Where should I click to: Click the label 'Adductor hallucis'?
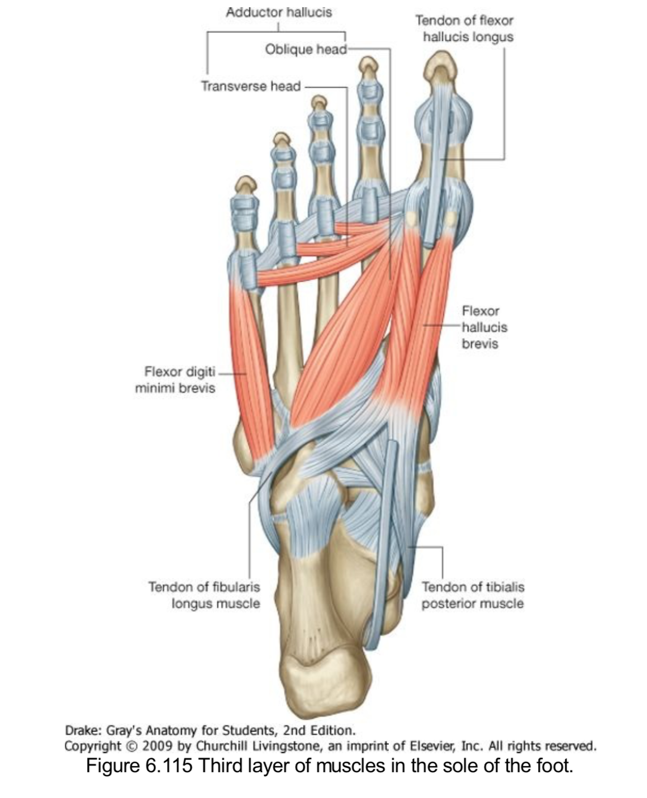(278, 12)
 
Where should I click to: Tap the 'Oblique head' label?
(305, 49)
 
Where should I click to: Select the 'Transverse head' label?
(250, 86)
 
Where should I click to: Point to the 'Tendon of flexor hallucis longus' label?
(464, 28)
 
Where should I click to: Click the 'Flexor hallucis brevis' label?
(484, 327)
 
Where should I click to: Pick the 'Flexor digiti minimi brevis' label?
(175, 379)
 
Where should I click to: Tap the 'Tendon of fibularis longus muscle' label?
(204, 595)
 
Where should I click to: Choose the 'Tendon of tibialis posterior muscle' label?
(473, 595)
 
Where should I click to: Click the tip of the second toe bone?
(368, 66)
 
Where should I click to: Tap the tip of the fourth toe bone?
(282, 139)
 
